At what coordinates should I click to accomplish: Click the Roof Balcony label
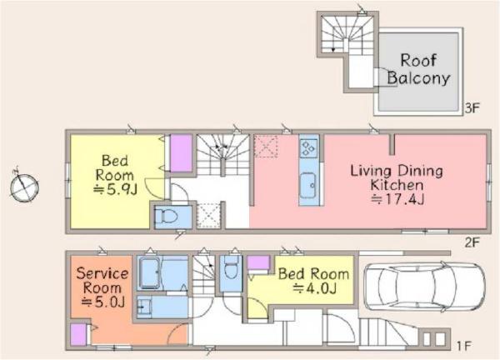pyautogui.click(x=418, y=69)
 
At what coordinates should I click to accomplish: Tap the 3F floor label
pyautogui.click(x=472, y=108)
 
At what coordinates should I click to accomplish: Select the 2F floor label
pyautogui.click(x=472, y=243)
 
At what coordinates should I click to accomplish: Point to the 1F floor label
pyautogui.click(x=464, y=346)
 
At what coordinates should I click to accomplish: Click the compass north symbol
pyautogui.click(x=24, y=186)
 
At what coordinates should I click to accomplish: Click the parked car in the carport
pyautogui.click(x=424, y=287)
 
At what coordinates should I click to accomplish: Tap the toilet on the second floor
pyautogui.click(x=166, y=217)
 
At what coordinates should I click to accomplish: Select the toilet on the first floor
pyautogui.click(x=231, y=270)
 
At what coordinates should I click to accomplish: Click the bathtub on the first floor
pyautogui.click(x=150, y=273)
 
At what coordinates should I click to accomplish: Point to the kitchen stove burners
pyautogui.click(x=308, y=148)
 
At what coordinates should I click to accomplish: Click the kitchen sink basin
pyautogui.click(x=308, y=185)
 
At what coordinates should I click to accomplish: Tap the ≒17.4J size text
pyautogui.click(x=397, y=200)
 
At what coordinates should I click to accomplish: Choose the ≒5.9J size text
pyautogui.click(x=115, y=190)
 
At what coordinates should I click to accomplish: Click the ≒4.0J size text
pyautogui.click(x=314, y=288)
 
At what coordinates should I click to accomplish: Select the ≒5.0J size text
pyautogui.click(x=102, y=302)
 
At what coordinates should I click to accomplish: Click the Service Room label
pyautogui.click(x=102, y=281)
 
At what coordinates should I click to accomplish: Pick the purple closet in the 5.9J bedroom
pyautogui.click(x=181, y=153)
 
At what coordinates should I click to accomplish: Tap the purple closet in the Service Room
pyautogui.click(x=78, y=334)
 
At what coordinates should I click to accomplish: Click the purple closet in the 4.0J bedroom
pyautogui.click(x=258, y=263)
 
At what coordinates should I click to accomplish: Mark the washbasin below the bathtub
pyautogui.click(x=144, y=307)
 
